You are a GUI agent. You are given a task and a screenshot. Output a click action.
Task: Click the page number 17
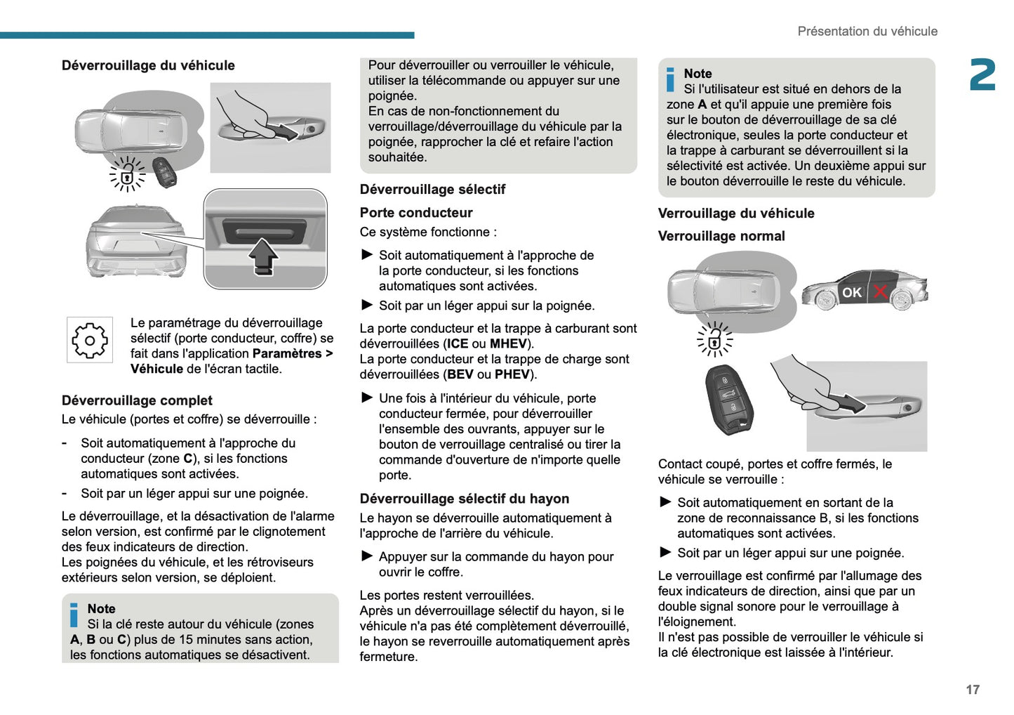pyautogui.click(x=972, y=690)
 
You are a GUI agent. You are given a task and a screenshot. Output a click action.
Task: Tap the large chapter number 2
pyautogui.click(x=982, y=75)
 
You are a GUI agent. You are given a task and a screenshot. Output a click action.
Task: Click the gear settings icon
pyautogui.click(x=90, y=341)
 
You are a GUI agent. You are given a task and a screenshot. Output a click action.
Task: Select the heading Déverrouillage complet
pyautogui.click(x=137, y=400)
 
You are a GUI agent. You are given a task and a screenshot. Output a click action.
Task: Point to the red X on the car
pyautogui.click(x=880, y=291)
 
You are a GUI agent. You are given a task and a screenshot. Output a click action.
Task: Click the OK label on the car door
pyautogui.click(x=851, y=292)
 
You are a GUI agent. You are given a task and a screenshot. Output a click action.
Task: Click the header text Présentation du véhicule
pyautogui.click(x=867, y=31)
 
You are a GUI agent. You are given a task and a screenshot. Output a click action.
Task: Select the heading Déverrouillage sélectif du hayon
pyautogui.click(x=464, y=499)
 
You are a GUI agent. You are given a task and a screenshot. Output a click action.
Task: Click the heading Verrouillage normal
pyautogui.click(x=721, y=236)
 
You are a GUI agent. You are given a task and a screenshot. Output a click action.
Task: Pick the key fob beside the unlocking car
pyautogui.click(x=166, y=172)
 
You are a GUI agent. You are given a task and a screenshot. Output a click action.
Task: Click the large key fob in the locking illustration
pyautogui.click(x=730, y=399)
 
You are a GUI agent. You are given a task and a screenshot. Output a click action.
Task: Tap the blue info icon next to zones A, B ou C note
pyautogui.click(x=74, y=615)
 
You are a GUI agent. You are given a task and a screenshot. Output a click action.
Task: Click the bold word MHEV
pyautogui.click(x=508, y=343)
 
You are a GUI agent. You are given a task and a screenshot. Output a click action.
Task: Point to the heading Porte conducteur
pyautogui.click(x=416, y=212)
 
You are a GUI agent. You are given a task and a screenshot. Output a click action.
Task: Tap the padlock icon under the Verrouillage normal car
pyautogui.click(x=714, y=341)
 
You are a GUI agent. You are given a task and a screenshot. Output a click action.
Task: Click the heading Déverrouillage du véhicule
pyautogui.click(x=148, y=65)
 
